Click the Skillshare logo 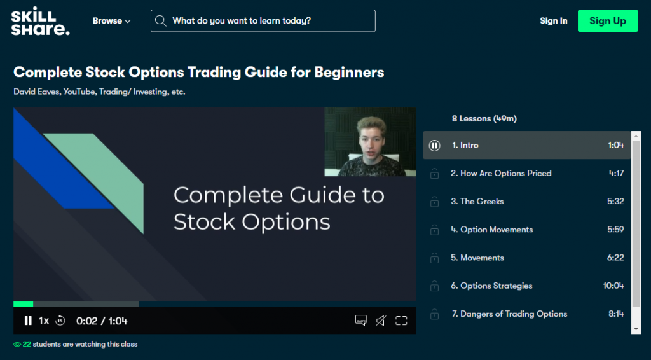click(40, 21)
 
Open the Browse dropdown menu click(111, 21)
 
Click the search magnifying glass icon click(161, 21)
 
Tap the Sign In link click(554, 21)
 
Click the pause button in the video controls click(28, 321)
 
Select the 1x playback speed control click(44, 321)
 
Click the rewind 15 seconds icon click(60, 321)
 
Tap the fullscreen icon click(401, 321)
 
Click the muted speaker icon click(381, 321)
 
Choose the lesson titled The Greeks click(477, 202)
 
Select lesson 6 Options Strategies click(491, 286)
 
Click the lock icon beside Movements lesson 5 click(434, 258)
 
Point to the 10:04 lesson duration click(613, 286)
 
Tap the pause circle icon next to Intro click(434, 145)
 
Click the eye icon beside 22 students click(17, 344)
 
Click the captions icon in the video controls click(361, 321)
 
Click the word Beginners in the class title click(349, 73)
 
